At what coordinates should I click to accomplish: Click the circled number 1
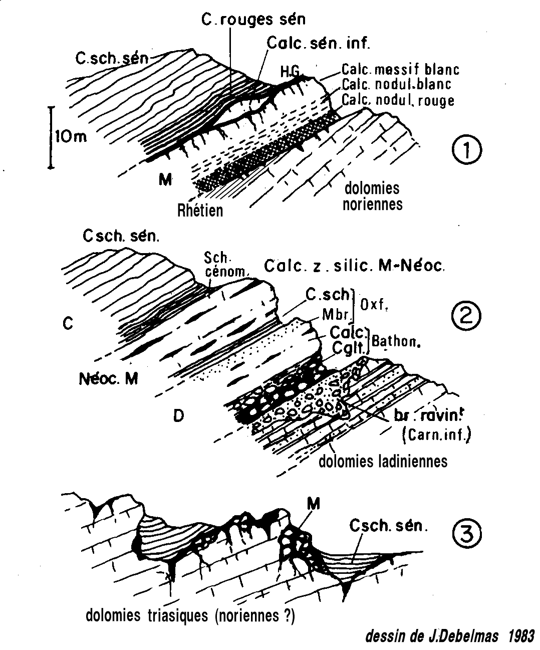pyautogui.click(x=466, y=150)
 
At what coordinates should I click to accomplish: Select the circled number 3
pyautogui.click(x=466, y=533)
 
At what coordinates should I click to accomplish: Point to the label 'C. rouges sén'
pyautogui.click(x=253, y=19)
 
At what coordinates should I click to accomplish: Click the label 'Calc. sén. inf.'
pyautogui.click(x=318, y=43)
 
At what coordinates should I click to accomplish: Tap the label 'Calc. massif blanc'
pyautogui.click(x=400, y=69)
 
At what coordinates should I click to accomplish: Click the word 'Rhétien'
pyautogui.click(x=200, y=210)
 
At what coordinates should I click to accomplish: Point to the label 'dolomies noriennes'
pyautogui.click(x=372, y=196)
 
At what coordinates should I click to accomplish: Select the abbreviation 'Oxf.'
pyautogui.click(x=374, y=304)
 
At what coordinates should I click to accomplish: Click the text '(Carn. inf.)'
pyautogui.click(x=436, y=435)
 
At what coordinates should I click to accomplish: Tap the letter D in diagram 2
pyautogui.click(x=178, y=415)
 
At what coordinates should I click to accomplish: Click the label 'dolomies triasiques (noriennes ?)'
pyautogui.click(x=190, y=615)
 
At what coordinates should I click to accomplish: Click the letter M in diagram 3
pyautogui.click(x=314, y=504)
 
